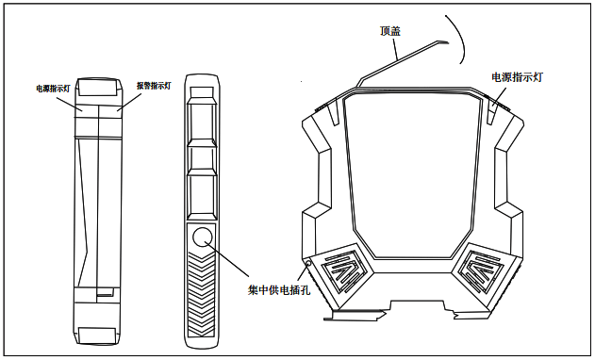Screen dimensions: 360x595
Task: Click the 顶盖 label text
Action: pyautogui.click(x=390, y=32)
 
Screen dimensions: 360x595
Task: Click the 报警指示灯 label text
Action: pyautogui.click(x=153, y=86)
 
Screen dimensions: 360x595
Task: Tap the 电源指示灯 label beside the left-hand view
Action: pyautogui.click(x=53, y=89)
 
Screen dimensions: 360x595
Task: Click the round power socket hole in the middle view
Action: pyautogui.click(x=204, y=238)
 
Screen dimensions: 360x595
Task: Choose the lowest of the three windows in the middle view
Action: pyautogui.click(x=203, y=196)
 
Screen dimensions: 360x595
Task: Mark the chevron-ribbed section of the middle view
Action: pyautogui.click(x=203, y=297)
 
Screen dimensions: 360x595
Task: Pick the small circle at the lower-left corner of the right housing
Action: pyautogui.click(x=307, y=263)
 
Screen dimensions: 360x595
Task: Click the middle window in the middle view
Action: pyautogui.click(x=203, y=157)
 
